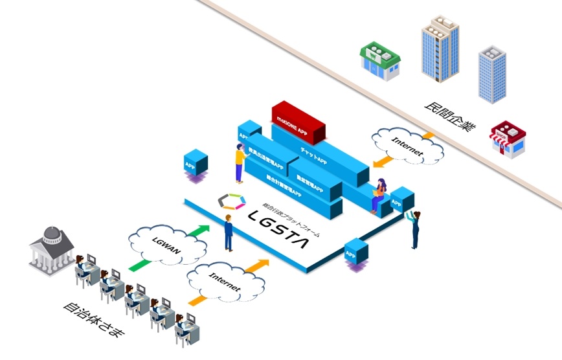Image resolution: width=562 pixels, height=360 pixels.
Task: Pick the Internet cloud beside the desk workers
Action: click(225, 282)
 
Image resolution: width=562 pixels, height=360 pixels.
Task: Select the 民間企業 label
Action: click(450, 116)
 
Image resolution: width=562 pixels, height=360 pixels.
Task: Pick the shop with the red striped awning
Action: click(508, 139)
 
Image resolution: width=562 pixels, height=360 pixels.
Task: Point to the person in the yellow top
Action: click(240, 164)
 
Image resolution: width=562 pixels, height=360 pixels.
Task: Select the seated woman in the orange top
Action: click(379, 194)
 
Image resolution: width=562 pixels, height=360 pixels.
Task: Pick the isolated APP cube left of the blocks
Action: click(195, 163)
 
